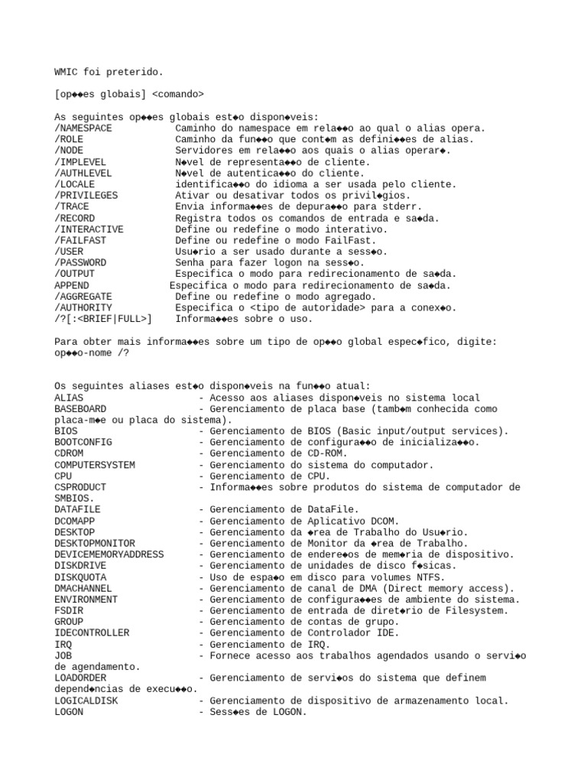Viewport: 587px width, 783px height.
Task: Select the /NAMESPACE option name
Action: point(83,128)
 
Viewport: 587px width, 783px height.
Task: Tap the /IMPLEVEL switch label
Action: point(80,162)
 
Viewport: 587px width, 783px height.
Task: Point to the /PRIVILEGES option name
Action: point(86,196)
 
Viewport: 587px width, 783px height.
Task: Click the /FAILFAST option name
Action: point(80,240)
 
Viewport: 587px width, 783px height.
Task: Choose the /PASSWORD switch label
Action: point(80,262)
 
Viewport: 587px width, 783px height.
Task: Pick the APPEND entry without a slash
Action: point(72,285)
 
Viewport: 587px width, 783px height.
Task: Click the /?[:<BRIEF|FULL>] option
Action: point(103,319)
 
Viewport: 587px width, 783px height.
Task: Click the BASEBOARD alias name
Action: point(80,409)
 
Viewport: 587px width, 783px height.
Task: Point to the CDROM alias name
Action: point(69,453)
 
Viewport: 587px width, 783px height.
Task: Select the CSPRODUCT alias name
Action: point(80,487)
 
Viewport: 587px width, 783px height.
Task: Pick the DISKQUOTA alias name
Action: point(80,577)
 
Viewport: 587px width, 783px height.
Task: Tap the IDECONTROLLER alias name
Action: point(92,633)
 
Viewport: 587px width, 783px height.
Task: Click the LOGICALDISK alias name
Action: point(86,700)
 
